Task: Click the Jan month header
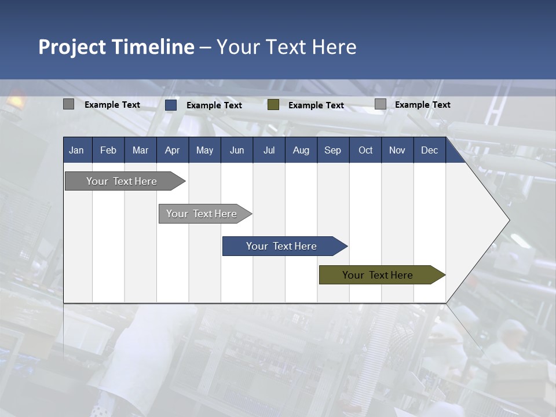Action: point(76,150)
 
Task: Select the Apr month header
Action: point(172,150)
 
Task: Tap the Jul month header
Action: point(269,150)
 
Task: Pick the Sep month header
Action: point(332,150)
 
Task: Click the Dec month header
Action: point(429,150)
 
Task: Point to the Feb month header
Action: point(108,150)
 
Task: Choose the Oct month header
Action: point(365,150)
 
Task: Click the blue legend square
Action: point(171,105)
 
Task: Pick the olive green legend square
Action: point(273,105)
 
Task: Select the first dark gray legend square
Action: point(68,104)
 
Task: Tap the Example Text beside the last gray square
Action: point(423,104)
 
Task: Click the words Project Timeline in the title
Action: point(116,47)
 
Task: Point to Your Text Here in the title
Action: point(287,47)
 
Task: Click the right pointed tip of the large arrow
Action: point(509,220)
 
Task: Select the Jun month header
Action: point(237,150)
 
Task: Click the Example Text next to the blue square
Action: point(214,105)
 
